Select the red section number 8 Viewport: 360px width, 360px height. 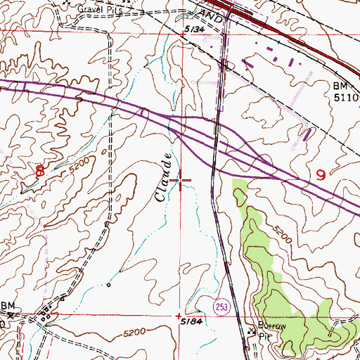click(x=40, y=170)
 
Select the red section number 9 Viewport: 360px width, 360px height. click(x=321, y=174)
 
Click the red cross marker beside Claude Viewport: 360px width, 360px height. click(x=180, y=183)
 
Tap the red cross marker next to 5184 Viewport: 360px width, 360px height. click(x=179, y=315)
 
